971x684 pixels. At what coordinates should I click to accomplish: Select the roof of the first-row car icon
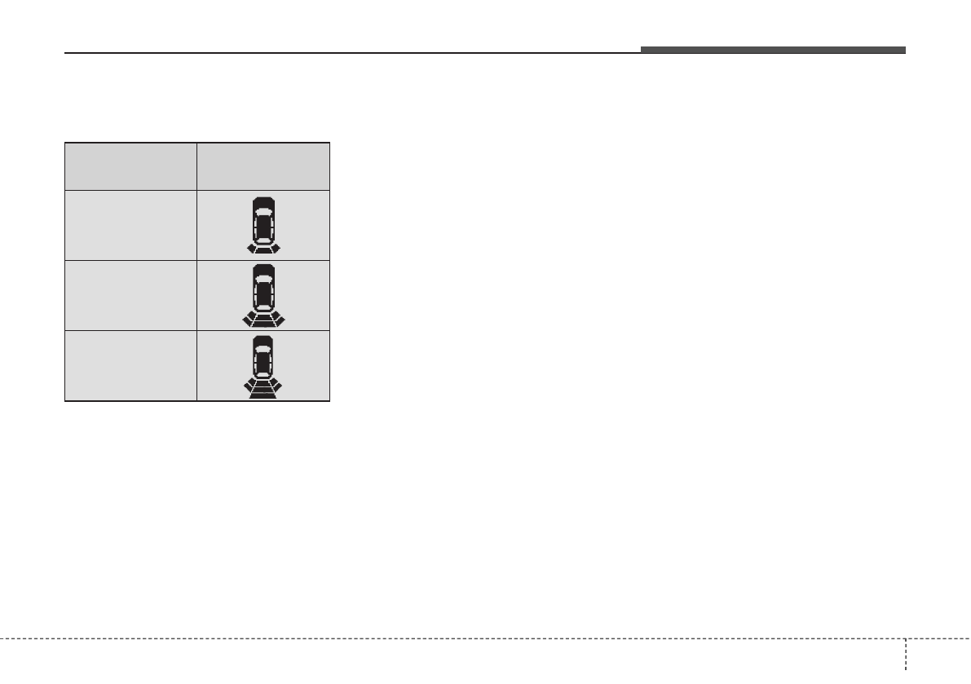(x=263, y=228)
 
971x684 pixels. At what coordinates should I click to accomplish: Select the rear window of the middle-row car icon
(x=263, y=307)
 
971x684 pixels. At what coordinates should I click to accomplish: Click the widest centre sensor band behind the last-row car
(x=263, y=395)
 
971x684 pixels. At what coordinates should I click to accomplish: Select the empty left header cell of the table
(x=130, y=166)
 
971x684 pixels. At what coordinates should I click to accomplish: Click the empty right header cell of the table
(x=263, y=166)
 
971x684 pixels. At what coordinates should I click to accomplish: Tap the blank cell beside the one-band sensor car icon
(x=130, y=225)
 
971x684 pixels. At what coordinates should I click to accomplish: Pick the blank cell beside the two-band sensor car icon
(x=130, y=295)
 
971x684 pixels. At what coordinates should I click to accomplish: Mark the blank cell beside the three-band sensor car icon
(x=130, y=365)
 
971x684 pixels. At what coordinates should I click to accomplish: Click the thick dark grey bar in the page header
(x=772, y=51)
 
